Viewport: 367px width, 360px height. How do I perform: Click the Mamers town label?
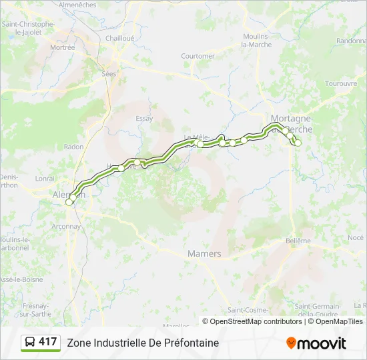click(x=204, y=254)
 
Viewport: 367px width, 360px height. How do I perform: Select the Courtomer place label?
click(x=198, y=56)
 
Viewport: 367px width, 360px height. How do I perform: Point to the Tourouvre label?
click(x=341, y=83)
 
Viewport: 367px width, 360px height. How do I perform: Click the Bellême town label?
click(x=298, y=241)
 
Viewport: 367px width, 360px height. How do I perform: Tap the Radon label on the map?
click(x=74, y=147)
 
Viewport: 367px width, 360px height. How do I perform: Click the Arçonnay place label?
click(x=66, y=226)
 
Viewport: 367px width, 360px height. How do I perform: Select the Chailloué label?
click(x=119, y=38)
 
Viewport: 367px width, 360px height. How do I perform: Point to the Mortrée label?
click(x=63, y=47)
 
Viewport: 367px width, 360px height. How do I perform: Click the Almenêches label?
click(x=78, y=5)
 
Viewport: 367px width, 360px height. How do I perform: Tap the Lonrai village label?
click(x=45, y=179)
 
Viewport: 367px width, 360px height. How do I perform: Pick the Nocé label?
click(x=356, y=237)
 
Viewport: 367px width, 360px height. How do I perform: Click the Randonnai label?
click(x=352, y=41)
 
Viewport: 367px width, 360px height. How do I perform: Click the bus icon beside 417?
click(x=30, y=343)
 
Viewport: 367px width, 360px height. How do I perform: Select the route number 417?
click(x=48, y=342)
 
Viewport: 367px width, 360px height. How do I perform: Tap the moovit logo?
click(x=316, y=343)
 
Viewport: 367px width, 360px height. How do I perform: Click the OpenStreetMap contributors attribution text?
click(x=253, y=321)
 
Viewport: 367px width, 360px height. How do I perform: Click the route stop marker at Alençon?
click(x=69, y=202)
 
